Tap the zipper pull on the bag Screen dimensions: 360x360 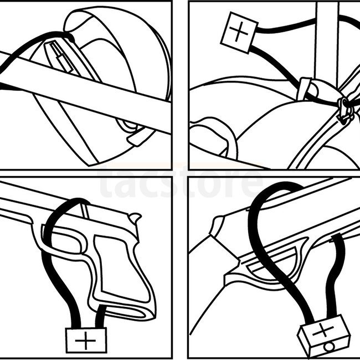pyautogui.click(x=346, y=111)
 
